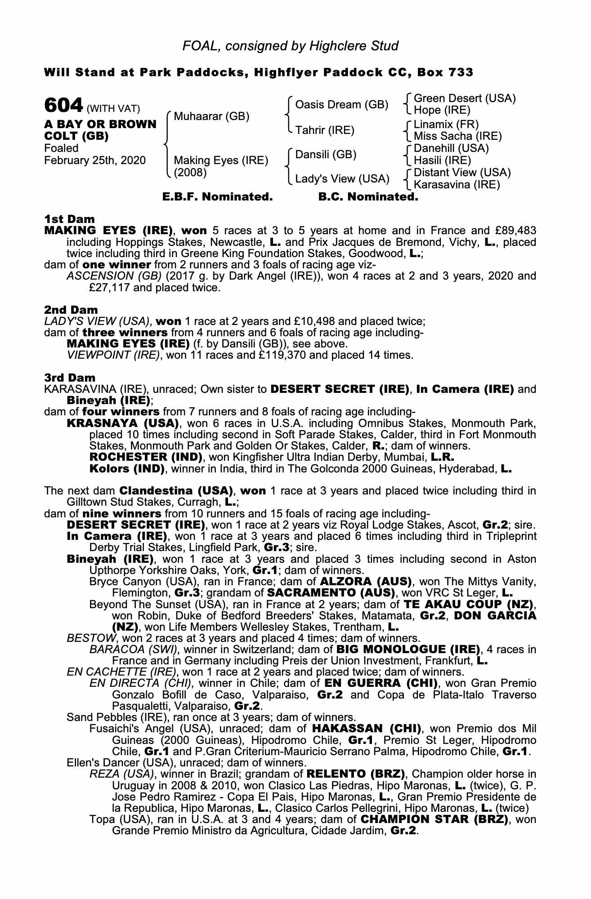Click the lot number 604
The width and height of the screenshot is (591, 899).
coord(63,106)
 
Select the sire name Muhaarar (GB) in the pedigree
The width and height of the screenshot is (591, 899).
coord(211,117)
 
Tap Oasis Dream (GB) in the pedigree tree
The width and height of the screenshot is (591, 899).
coord(341,105)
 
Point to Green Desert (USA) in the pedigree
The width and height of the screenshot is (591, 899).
coord(464,98)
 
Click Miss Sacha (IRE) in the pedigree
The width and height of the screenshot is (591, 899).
coord(457,136)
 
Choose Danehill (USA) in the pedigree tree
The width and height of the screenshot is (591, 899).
coord(451,148)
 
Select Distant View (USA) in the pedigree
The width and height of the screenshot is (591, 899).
coord(462,173)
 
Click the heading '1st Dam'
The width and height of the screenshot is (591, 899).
coord(69,219)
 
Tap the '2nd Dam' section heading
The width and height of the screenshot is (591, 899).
coord(71,310)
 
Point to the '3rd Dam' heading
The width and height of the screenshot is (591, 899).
coord(70,378)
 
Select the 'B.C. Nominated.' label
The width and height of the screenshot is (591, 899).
coord(368,197)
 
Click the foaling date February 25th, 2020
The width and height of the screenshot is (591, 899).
coord(95,160)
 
